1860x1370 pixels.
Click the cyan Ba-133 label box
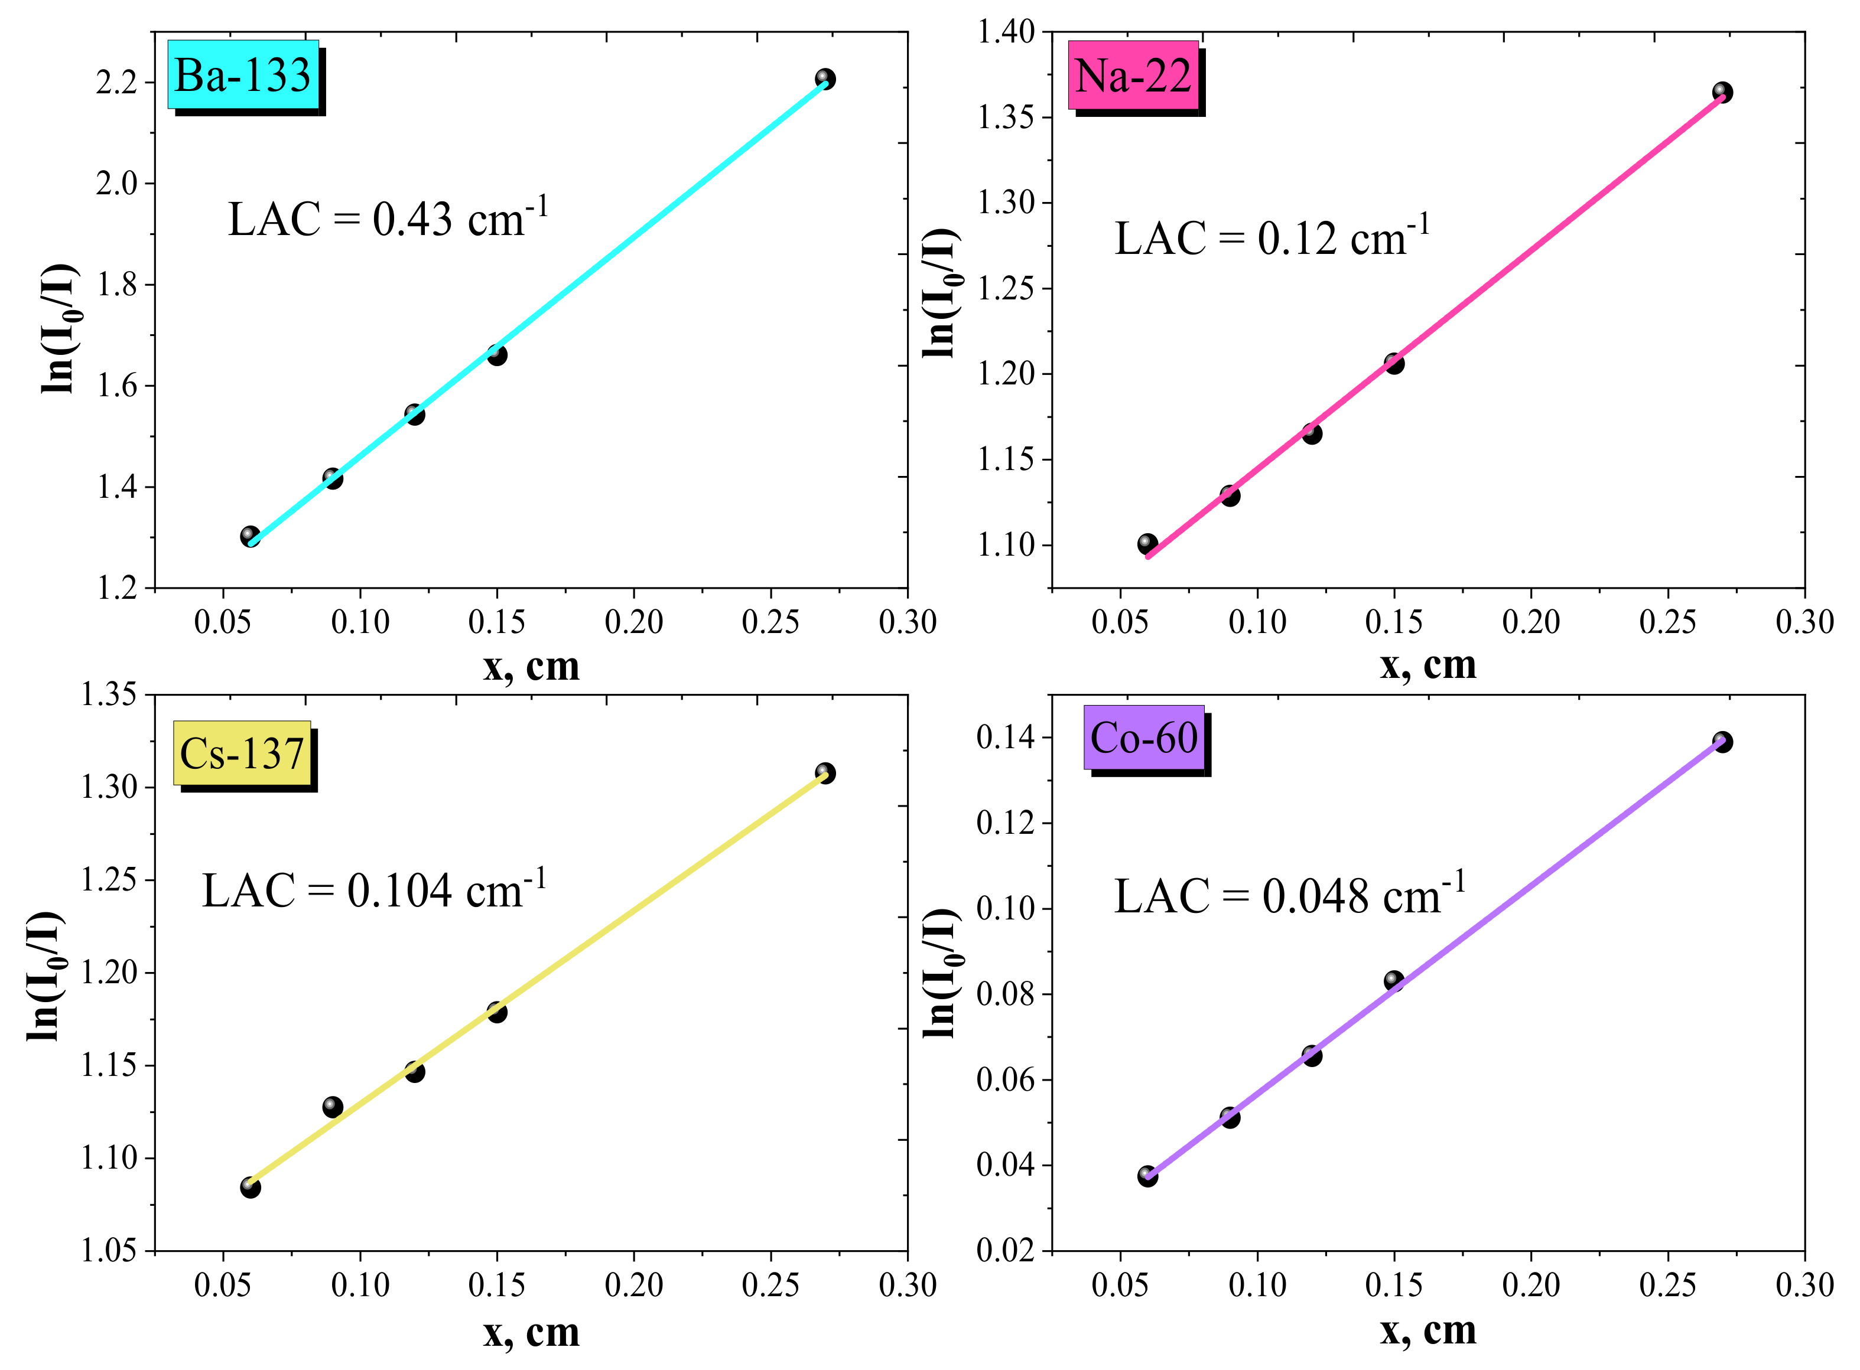coord(243,74)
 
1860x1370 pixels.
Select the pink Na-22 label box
coord(1133,76)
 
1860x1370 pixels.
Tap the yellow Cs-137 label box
coord(242,753)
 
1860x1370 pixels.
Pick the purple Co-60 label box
coord(1143,737)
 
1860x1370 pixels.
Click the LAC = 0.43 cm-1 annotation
coord(388,219)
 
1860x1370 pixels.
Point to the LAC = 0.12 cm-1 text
coord(1272,237)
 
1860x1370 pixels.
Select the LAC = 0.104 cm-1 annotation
coord(374,891)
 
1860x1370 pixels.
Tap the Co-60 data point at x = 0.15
coord(1394,981)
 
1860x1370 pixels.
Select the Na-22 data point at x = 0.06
coord(1147,544)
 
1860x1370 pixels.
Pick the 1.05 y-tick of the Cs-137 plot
coord(108,1251)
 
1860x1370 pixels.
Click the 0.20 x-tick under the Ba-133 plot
coord(634,622)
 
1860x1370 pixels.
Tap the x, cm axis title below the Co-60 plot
coord(1427,1330)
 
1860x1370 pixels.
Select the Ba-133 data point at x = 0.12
coord(415,414)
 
